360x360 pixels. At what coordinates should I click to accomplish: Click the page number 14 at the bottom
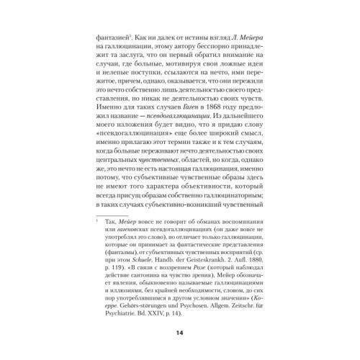point(180,333)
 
